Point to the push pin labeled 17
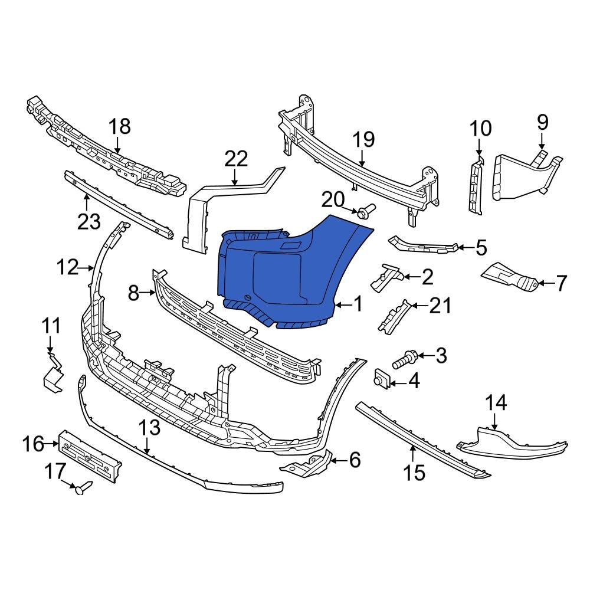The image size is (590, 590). (x=83, y=487)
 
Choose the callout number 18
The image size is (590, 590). (x=119, y=126)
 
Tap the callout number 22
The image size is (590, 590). (x=236, y=159)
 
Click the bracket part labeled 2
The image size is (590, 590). (x=387, y=276)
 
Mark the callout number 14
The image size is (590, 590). (x=496, y=403)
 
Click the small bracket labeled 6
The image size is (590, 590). (x=307, y=464)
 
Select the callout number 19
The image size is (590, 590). (x=363, y=140)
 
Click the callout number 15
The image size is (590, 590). (x=414, y=472)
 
